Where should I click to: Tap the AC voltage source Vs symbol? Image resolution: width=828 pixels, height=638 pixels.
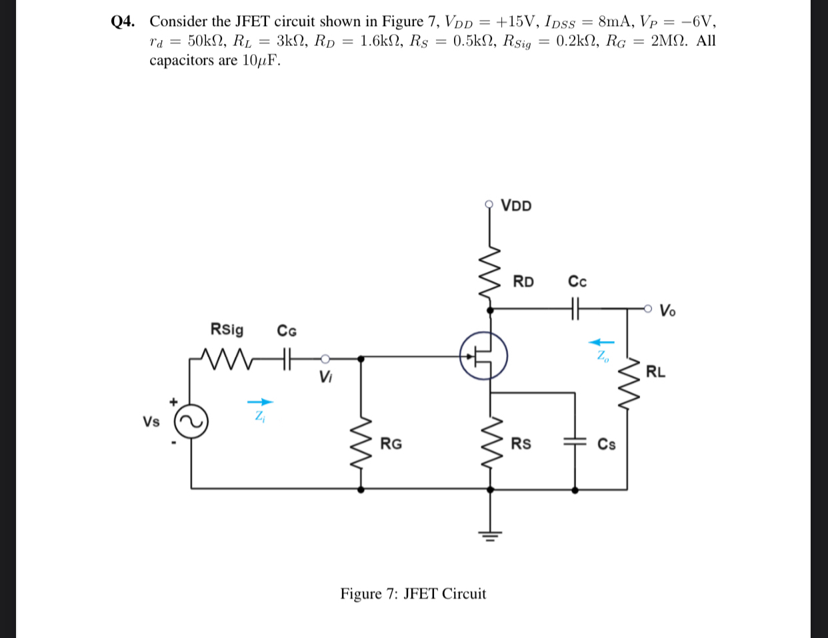(x=191, y=422)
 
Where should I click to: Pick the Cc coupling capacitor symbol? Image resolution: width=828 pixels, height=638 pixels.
(x=577, y=308)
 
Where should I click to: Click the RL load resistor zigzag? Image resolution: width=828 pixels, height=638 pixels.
(x=627, y=387)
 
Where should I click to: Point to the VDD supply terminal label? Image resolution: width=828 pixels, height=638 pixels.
(x=516, y=206)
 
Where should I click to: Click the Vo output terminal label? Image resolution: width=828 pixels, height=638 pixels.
(x=667, y=310)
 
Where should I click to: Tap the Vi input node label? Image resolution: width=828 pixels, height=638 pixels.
(x=325, y=377)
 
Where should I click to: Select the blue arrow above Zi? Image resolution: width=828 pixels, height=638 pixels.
(x=260, y=402)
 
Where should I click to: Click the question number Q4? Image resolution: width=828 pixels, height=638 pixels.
(x=123, y=21)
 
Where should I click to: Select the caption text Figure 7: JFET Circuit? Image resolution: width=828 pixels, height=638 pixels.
(x=413, y=593)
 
